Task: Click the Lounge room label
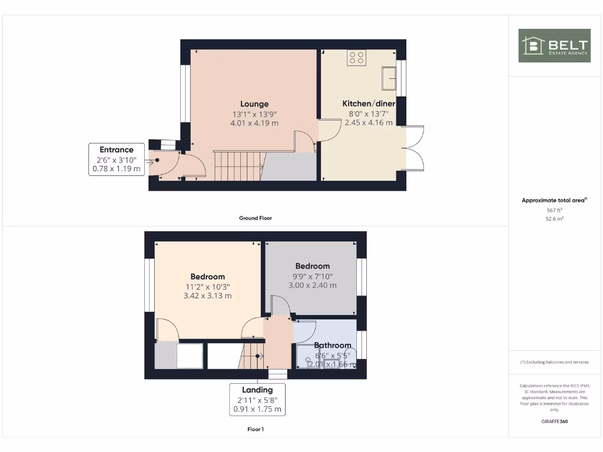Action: [254, 104]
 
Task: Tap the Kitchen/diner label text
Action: [369, 104]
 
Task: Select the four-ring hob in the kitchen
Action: [356, 58]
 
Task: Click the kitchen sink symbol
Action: [389, 77]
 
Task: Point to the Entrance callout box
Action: [117, 159]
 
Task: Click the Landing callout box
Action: [257, 399]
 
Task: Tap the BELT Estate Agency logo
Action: [554, 45]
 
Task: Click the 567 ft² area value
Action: [554, 210]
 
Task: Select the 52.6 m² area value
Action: [554, 218]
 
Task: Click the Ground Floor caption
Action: [256, 218]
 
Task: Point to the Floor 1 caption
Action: [256, 429]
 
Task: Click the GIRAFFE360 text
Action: [554, 421]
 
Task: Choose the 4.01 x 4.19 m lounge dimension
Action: [254, 123]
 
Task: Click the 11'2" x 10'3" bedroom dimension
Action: [207, 287]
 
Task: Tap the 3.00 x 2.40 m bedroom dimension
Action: [312, 285]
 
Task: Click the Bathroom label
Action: [332, 345]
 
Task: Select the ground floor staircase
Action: [238, 165]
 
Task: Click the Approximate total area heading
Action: [554, 201]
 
